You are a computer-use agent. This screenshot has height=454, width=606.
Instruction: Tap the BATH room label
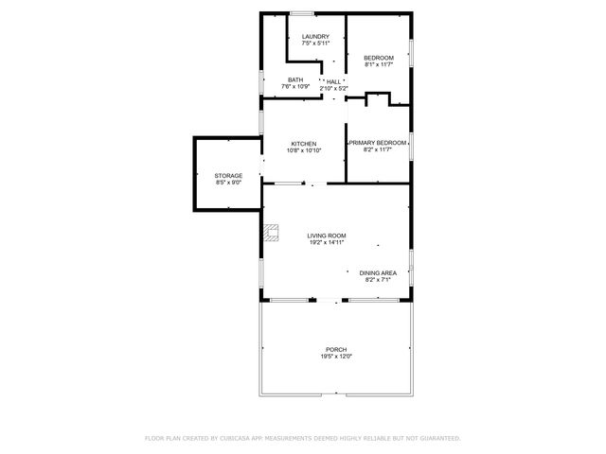pos(295,79)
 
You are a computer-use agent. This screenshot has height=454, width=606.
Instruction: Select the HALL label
pos(333,81)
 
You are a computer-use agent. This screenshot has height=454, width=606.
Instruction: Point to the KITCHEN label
pos(303,144)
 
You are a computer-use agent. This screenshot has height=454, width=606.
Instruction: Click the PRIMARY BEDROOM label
pos(378,143)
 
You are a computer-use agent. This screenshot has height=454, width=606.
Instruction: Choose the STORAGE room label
pos(228,175)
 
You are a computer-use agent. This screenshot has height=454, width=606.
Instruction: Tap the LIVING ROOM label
pos(326,236)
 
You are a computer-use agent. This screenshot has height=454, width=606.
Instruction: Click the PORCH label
pos(336,350)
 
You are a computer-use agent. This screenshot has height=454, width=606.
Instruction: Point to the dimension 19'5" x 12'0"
pos(336,357)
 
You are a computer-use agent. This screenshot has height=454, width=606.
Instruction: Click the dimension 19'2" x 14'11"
pos(326,242)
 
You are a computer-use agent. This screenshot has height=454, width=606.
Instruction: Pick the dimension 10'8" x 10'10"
pos(303,150)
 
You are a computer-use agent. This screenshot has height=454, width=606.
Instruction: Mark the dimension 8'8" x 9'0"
pos(228,182)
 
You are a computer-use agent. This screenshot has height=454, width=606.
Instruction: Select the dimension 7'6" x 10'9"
pos(295,86)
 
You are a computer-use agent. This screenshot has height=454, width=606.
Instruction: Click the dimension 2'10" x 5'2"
pos(333,88)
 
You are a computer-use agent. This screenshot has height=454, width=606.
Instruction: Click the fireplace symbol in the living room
pos(273,231)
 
